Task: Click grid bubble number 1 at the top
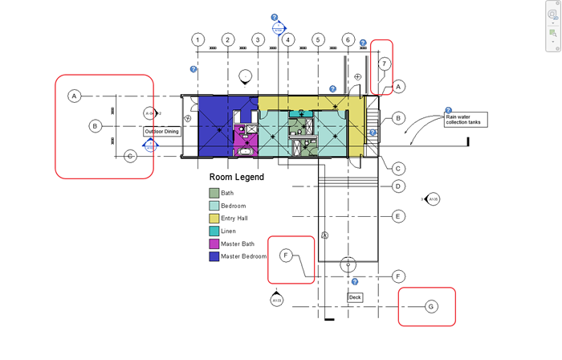(x=198, y=39)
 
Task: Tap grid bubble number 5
(x=318, y=39)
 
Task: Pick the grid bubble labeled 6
(x=348, y=39)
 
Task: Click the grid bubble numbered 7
(x=385, y=63)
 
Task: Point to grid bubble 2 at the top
(x=228, y=39)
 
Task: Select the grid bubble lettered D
(x=397, y=186)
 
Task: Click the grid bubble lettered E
(x=397, y=216)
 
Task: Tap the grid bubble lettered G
(x=430, y=306)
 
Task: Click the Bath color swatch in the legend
(x=214, y=193)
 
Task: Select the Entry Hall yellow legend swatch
(x=214, y=219)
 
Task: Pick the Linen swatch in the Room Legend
(x=214, y=231)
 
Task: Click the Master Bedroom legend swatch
(x=214, y=257)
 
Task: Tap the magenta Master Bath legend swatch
(x=214, y=244)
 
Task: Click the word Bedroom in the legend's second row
(x=233, y=206)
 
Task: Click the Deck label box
(x=355, y=297)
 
